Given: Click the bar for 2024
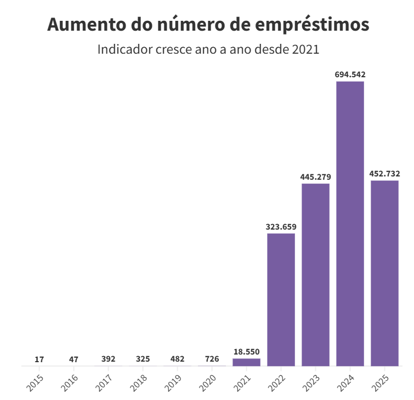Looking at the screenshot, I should tap(350, 224).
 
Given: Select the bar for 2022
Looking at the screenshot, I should tap(281, 300).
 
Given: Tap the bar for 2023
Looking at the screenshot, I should tap(315, 275).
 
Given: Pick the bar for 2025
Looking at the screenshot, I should tap(384, 273).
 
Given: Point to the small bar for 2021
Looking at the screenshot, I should tap(246, 362).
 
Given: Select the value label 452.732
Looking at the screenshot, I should tap(384, 174).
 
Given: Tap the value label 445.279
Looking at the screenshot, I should tap(315, 177).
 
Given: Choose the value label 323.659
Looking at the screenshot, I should tap(281, 227).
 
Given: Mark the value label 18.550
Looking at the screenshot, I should tap(246, 352).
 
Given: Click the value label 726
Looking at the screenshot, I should tap(212, 359).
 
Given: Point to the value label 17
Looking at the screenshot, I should tap(39, 359).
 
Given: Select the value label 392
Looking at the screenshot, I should tap(108, 359).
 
